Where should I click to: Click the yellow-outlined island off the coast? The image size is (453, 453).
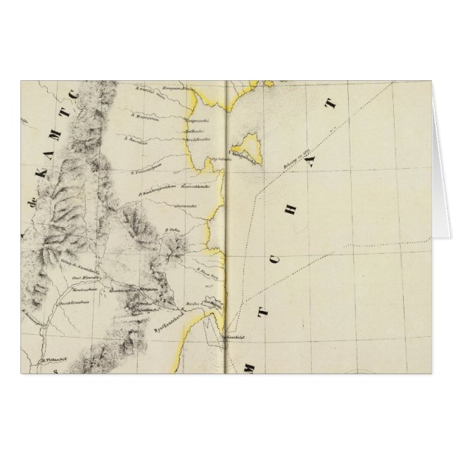coord(248,146)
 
